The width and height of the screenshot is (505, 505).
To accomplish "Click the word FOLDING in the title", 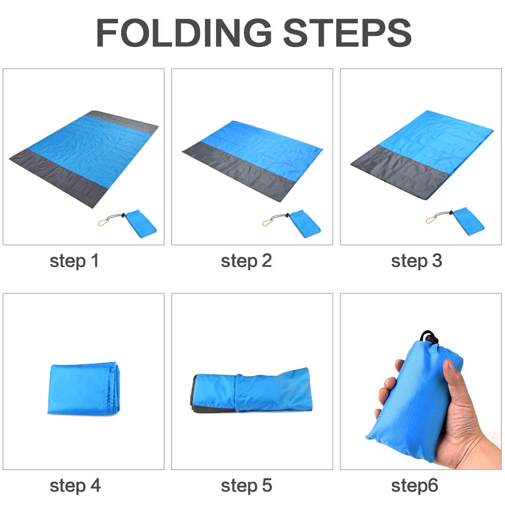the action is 184,32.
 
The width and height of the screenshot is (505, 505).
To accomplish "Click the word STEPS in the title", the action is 347,32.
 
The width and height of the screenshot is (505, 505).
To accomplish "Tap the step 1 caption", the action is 74,262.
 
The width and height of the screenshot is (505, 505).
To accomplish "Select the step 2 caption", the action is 246,262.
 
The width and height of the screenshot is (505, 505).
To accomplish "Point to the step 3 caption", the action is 417,262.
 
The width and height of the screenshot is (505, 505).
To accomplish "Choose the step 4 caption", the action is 75,486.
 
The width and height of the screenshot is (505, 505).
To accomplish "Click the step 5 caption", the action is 246,486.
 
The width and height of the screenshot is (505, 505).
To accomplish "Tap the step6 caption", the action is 415,486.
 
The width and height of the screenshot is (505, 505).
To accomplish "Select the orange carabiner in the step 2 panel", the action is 267,222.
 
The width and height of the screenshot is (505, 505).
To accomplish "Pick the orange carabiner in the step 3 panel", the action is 431,220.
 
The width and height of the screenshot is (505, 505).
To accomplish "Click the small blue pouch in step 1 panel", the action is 140,224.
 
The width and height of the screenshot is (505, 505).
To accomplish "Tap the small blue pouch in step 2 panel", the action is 305,224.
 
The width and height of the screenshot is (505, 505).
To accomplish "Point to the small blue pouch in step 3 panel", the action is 469,221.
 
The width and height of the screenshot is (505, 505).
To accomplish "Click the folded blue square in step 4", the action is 84,389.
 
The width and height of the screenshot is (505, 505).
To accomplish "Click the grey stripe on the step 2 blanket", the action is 238,171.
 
